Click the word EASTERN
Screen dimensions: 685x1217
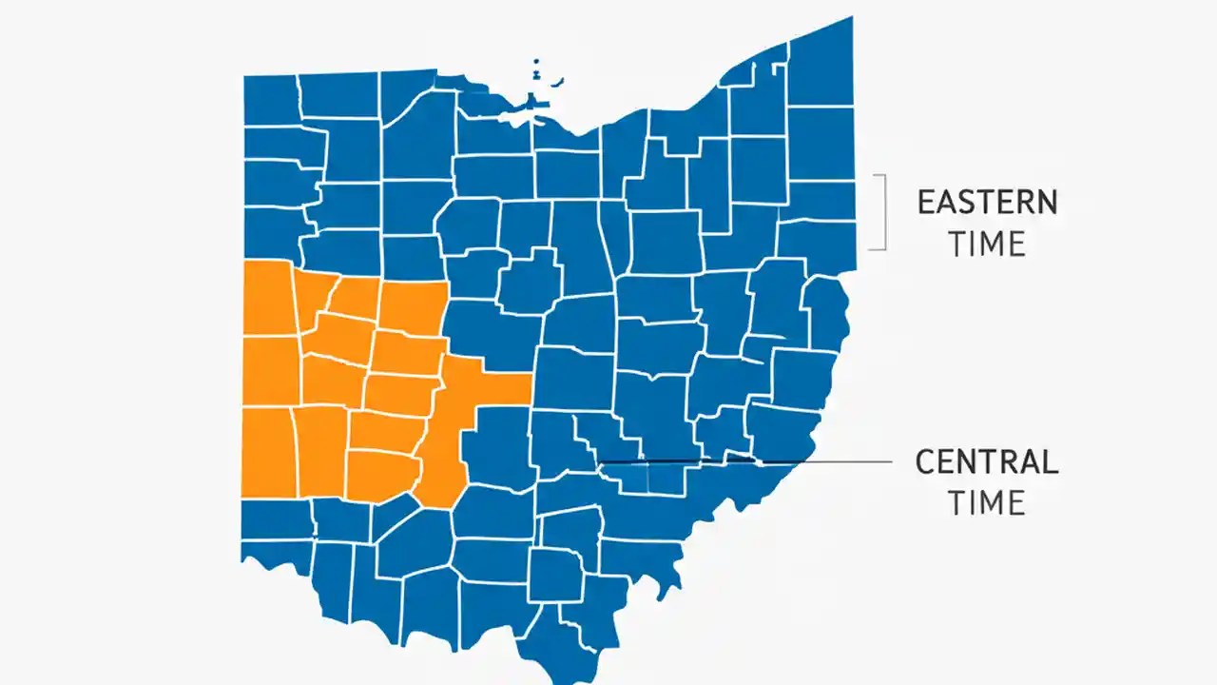987,203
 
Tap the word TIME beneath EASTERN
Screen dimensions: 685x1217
987,244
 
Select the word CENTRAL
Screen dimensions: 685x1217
986,462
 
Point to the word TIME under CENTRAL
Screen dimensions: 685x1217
986,502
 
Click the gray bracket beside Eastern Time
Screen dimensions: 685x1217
883,212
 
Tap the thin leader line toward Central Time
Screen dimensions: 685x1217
818,462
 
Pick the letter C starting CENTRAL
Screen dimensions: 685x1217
926,462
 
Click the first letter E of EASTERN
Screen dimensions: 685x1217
926,203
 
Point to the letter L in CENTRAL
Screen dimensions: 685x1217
1049,462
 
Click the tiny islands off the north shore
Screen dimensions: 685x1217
537,71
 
